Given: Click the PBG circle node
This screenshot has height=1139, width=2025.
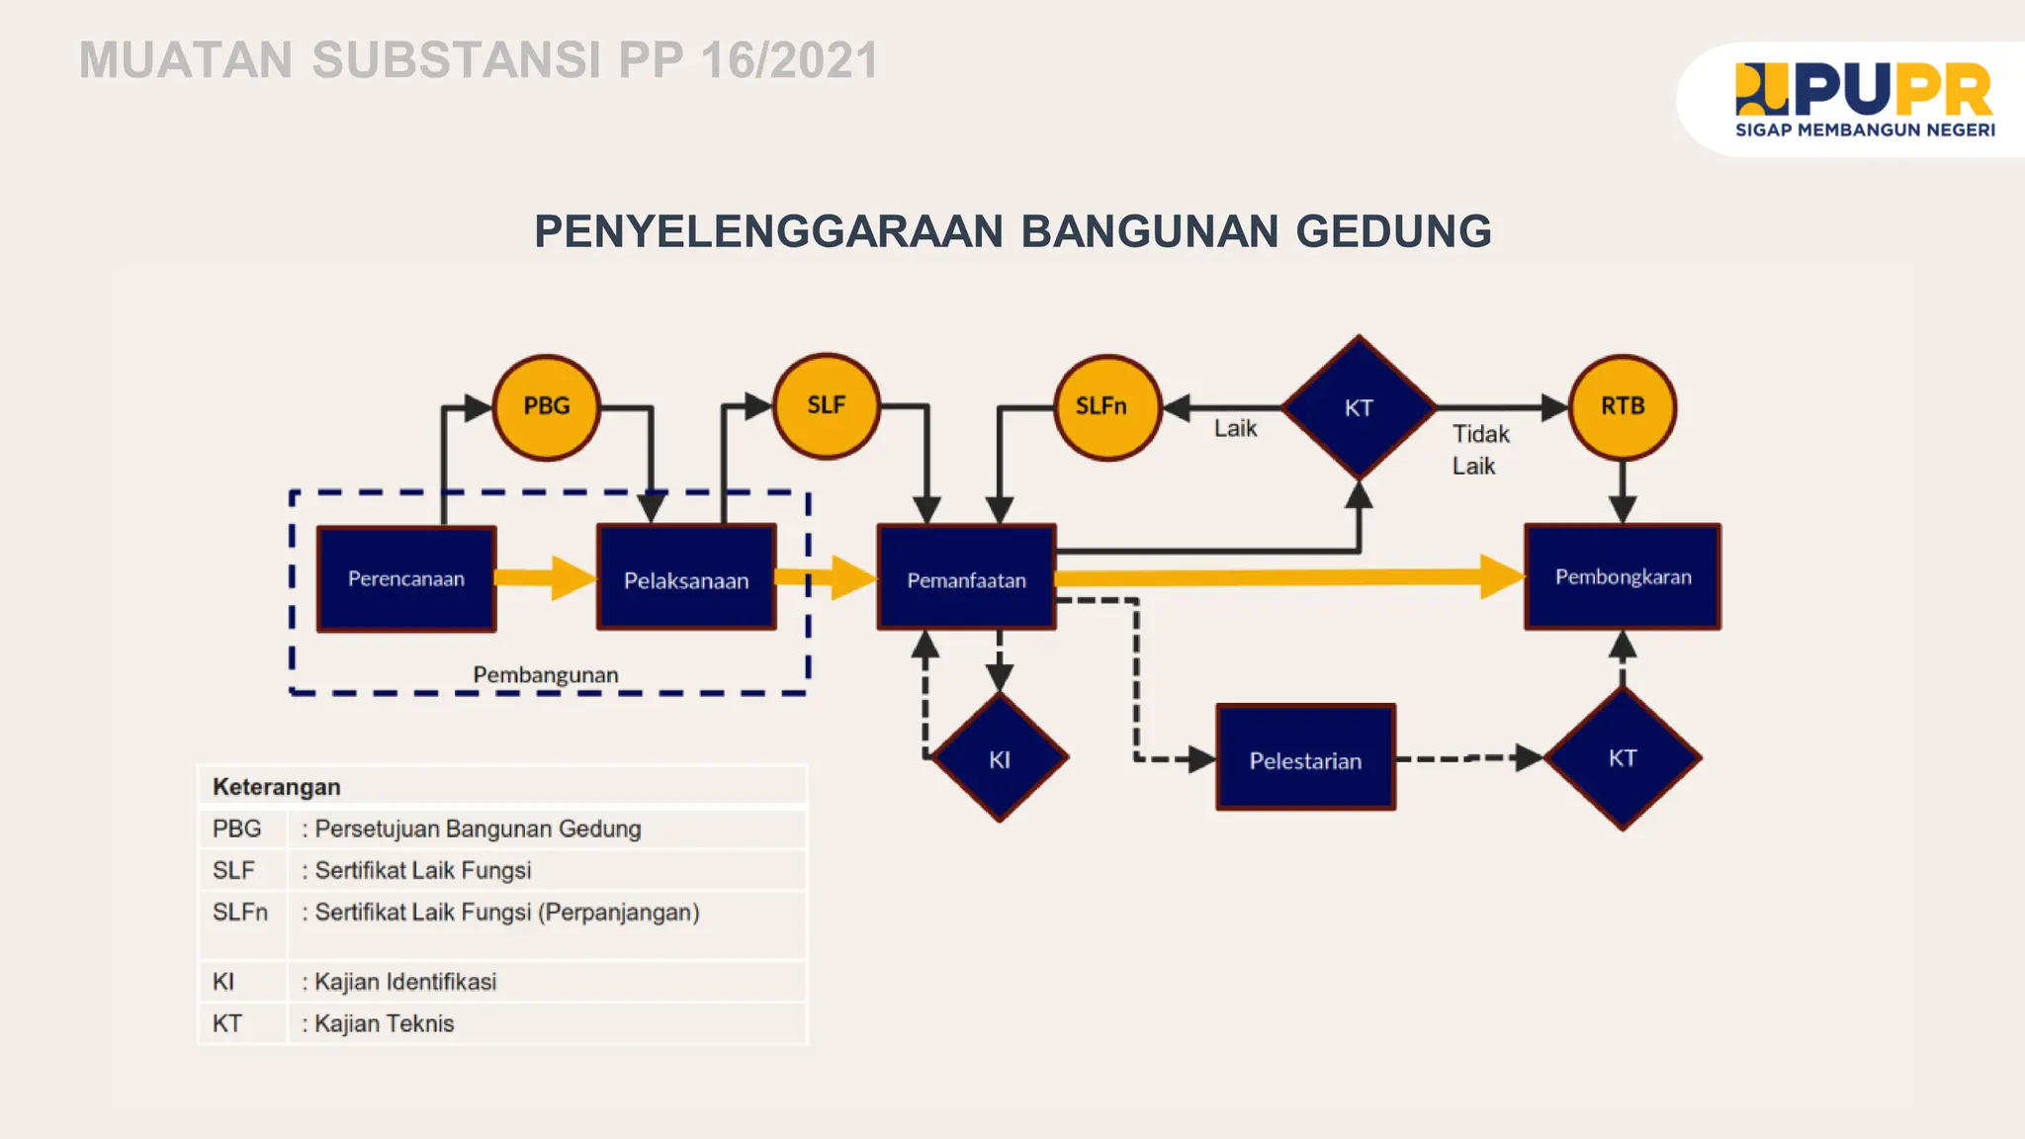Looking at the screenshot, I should tap(547, 406).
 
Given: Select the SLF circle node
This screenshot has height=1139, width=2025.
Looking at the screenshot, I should tap(827, 405).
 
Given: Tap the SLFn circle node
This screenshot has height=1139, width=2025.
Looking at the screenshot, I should tap(1106, 406).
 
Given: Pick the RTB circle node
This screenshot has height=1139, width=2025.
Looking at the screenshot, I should tap(1623, 406).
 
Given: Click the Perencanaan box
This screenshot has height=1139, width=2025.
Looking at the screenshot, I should tap(406, 578).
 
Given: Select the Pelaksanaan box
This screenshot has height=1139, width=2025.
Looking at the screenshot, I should tap(686, 578).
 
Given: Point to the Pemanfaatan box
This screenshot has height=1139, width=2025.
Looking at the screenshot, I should tap(966, 578).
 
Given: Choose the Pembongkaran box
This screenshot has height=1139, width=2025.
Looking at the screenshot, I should tap(1623, 576).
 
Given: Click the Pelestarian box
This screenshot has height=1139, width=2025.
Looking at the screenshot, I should tap(1305, 758).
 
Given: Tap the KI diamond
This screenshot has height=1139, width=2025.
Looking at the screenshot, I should tap(1000, 758).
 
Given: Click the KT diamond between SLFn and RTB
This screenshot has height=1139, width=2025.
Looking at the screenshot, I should tap(1359, 407).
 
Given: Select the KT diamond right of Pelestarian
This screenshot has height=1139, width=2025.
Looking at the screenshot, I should tap(1623, 758).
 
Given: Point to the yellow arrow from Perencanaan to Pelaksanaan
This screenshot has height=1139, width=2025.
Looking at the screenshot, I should tap(545, 577).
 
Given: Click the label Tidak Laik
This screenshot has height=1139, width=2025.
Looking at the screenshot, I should tap(1479, 450).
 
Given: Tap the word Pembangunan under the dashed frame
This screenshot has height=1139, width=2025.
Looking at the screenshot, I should tap(546, 674).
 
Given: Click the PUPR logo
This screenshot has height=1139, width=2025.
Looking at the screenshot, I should tap(1864, 99).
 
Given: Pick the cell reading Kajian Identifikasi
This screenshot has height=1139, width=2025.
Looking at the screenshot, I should tap(405, 982).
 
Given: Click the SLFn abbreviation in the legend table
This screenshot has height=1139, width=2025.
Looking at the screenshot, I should tap(240, 912).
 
